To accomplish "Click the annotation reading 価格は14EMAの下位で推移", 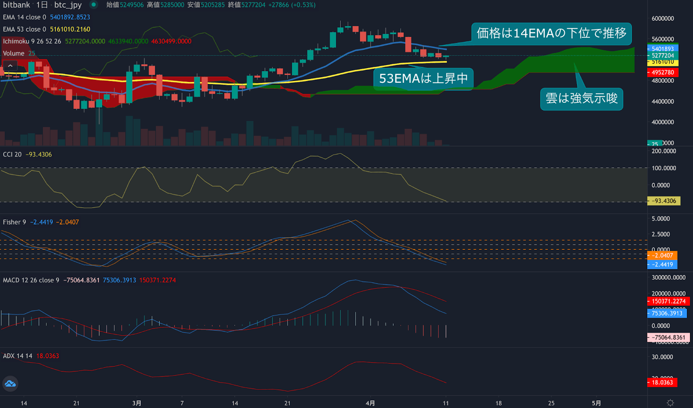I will pyautogui.click(x=551, y=33).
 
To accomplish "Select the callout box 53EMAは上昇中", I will pyautogui.click(x=423, y=78).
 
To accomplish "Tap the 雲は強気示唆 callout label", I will pyautogui.click(x=581, y=99).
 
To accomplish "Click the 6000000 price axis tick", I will pyautogui.click(x=663, y=19).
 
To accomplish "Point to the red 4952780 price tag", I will pyautogui.click(x=663, y=72).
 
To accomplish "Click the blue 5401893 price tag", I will pyautogui.click(x=663, y=49).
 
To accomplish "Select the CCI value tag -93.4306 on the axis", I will pyautogui.click(x=664, y=201).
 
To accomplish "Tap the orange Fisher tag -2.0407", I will pyautogui.click(x=663, y=255).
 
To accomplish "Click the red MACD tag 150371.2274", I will pyautogui.click(x=668, y=301).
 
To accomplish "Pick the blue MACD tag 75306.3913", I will pyautogui.click(x=667, y=313).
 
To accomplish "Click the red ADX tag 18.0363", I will pyautogui.click(x=662, y=382).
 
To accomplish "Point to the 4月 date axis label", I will pyautogui.click(x=370, y=403).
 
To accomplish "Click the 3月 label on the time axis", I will pyautogui.click(x=137, y=403).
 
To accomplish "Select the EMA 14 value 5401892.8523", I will pyautogui.click(x=70, y=17).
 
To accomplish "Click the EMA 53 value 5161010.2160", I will pyautogui.click(x=70, y=29).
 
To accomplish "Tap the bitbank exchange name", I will pyautogui.click(x=16, y=5).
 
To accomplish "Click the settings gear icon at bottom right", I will pyautogui.click(x=670, y=403).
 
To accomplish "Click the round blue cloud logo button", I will pyautogui.click(x=10, y=384).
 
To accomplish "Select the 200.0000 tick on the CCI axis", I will pyautogui.click(x=664, y=151).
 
